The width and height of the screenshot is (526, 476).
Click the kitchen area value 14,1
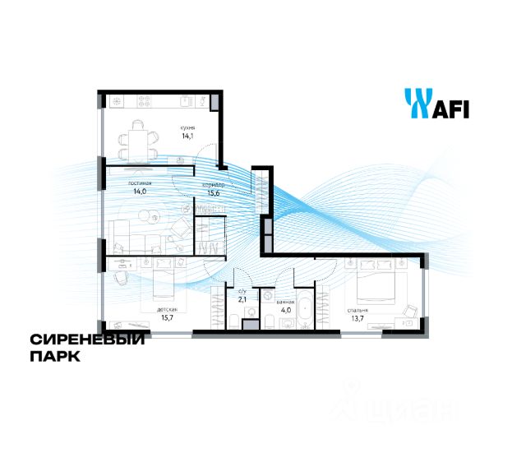[x=187, y=136]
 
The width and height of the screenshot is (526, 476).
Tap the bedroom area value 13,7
[x=357, y=319]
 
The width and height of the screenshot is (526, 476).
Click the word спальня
[x=357, y=310]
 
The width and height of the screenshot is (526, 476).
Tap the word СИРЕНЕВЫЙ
[x=87, y=340]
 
